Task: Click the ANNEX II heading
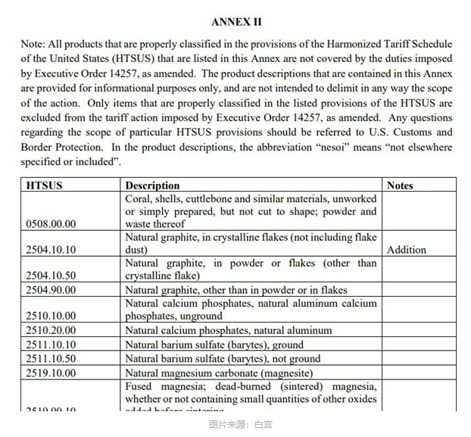pos(236,21)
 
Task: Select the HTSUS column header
pos(45,186)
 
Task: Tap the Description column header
pos(152,186)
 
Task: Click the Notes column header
pos(401,186)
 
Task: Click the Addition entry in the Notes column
pos(407,250)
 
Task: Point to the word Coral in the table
pos(139,198)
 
